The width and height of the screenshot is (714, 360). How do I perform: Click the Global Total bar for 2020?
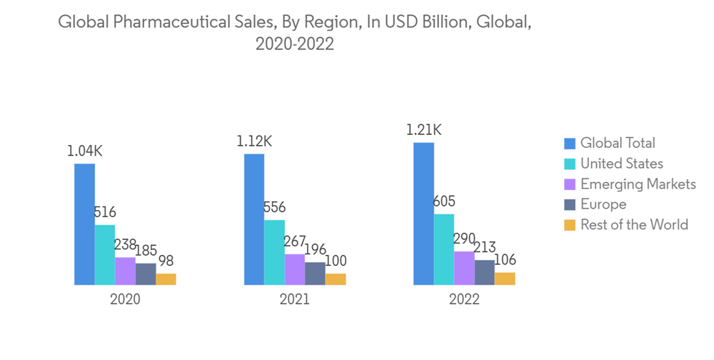[x=84, y=224]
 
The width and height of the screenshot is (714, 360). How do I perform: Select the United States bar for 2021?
[x=274, y=252]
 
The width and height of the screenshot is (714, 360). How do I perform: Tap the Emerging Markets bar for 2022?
[x=464, y=268]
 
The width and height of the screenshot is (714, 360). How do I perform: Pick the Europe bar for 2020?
[x=146, y=274]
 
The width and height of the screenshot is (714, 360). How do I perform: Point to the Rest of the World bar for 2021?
[x=336, y=279]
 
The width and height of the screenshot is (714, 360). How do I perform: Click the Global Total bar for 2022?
[x=423, y=214]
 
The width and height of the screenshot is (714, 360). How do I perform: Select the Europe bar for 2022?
[x=485, y=272]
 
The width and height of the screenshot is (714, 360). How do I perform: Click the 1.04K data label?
[x=85, y=151]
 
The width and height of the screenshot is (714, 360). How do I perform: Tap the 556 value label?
[x=274, y=208]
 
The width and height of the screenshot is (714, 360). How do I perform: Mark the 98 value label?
[x=166, y=261]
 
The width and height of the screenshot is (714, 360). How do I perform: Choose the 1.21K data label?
[x=423, y=130]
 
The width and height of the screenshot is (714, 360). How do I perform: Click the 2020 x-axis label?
[x=125, y=299]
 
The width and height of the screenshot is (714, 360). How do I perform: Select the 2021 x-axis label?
[x=294, y=299]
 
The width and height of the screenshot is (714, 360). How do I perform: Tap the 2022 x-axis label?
[x=464, y=299]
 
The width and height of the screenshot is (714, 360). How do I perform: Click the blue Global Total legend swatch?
[x=569, y=144]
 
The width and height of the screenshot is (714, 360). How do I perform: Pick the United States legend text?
[x=621, y=164]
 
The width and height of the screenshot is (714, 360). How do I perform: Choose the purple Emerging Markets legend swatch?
[x=569, y=184]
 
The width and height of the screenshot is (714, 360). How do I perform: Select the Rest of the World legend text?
[x=634, y=225]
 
